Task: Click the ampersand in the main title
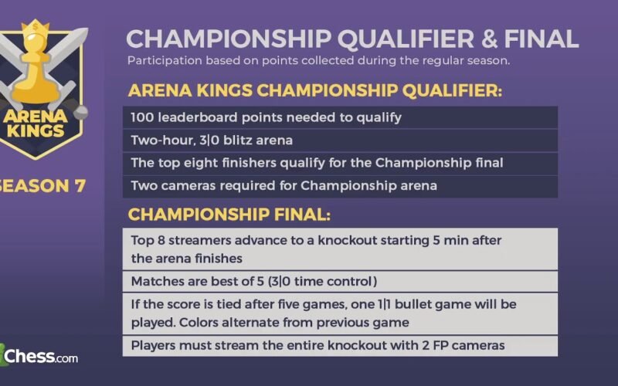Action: click(488, 39)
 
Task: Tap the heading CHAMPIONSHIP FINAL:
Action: click(229, 215)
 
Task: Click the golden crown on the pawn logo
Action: click(36, 29)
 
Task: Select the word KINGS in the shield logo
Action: click(36, 130)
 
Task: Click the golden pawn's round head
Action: click(36, 44)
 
